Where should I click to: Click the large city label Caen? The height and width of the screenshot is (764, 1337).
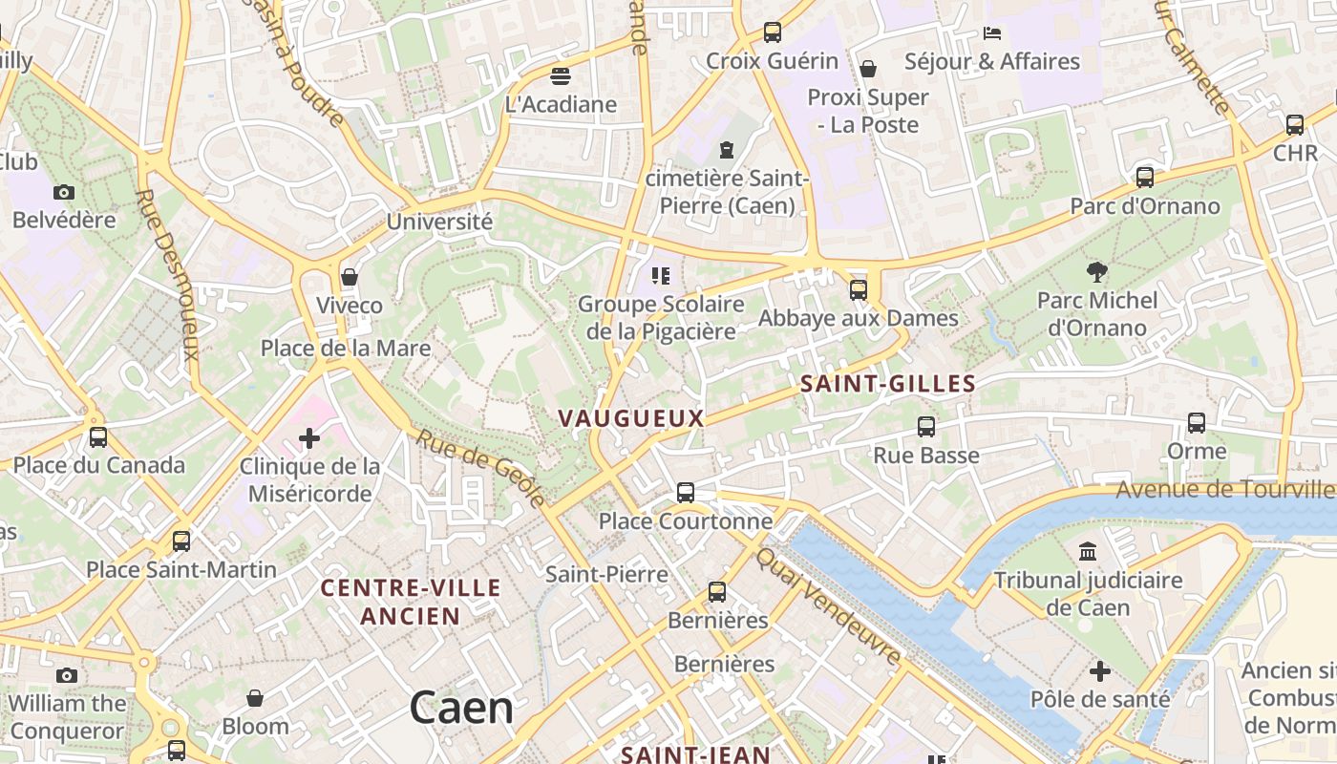tap(461, 709)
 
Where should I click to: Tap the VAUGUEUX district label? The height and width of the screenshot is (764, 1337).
tap(631, 418)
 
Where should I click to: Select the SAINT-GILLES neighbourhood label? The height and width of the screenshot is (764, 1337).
tap(888, 384)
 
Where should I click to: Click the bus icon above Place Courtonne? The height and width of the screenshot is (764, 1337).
tap(686, 493)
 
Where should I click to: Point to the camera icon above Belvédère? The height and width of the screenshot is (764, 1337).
tap(64, 192)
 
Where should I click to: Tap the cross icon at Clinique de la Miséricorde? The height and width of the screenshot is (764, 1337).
tap(309, 438)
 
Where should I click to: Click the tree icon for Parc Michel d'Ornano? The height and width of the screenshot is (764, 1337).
tap(1097, 272)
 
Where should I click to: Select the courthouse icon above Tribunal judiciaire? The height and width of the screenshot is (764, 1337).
tap(1088, 551)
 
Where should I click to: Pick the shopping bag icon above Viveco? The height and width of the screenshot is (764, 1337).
tap(350, 277)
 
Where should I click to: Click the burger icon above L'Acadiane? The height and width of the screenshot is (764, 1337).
tap(561, 75)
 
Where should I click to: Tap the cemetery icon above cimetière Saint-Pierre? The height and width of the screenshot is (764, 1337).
tap(727, 149)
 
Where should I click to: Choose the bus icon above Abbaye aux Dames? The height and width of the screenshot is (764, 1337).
tap(859, 289)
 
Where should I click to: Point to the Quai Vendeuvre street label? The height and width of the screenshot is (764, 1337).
tap(828, 605)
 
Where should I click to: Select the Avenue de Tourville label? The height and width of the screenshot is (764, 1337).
tap(1225, 490)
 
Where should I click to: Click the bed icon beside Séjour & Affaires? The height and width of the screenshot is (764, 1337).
tap(992, 33)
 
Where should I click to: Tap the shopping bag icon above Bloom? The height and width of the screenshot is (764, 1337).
tap(255, 698)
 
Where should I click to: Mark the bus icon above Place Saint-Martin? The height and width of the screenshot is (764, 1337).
tap(181, 541)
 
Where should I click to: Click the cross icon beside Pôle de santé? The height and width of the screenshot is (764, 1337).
tap(1100, 671)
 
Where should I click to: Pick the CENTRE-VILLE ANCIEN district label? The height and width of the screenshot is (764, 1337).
tap(411, 602)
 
